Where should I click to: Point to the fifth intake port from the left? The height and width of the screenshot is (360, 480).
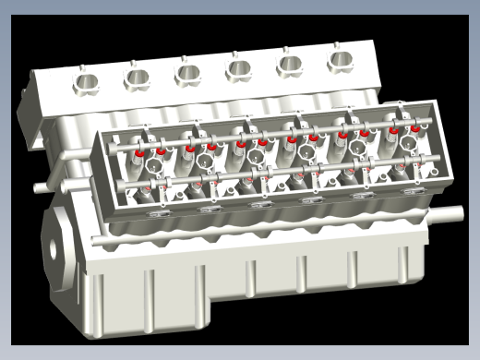pos(290,63)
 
